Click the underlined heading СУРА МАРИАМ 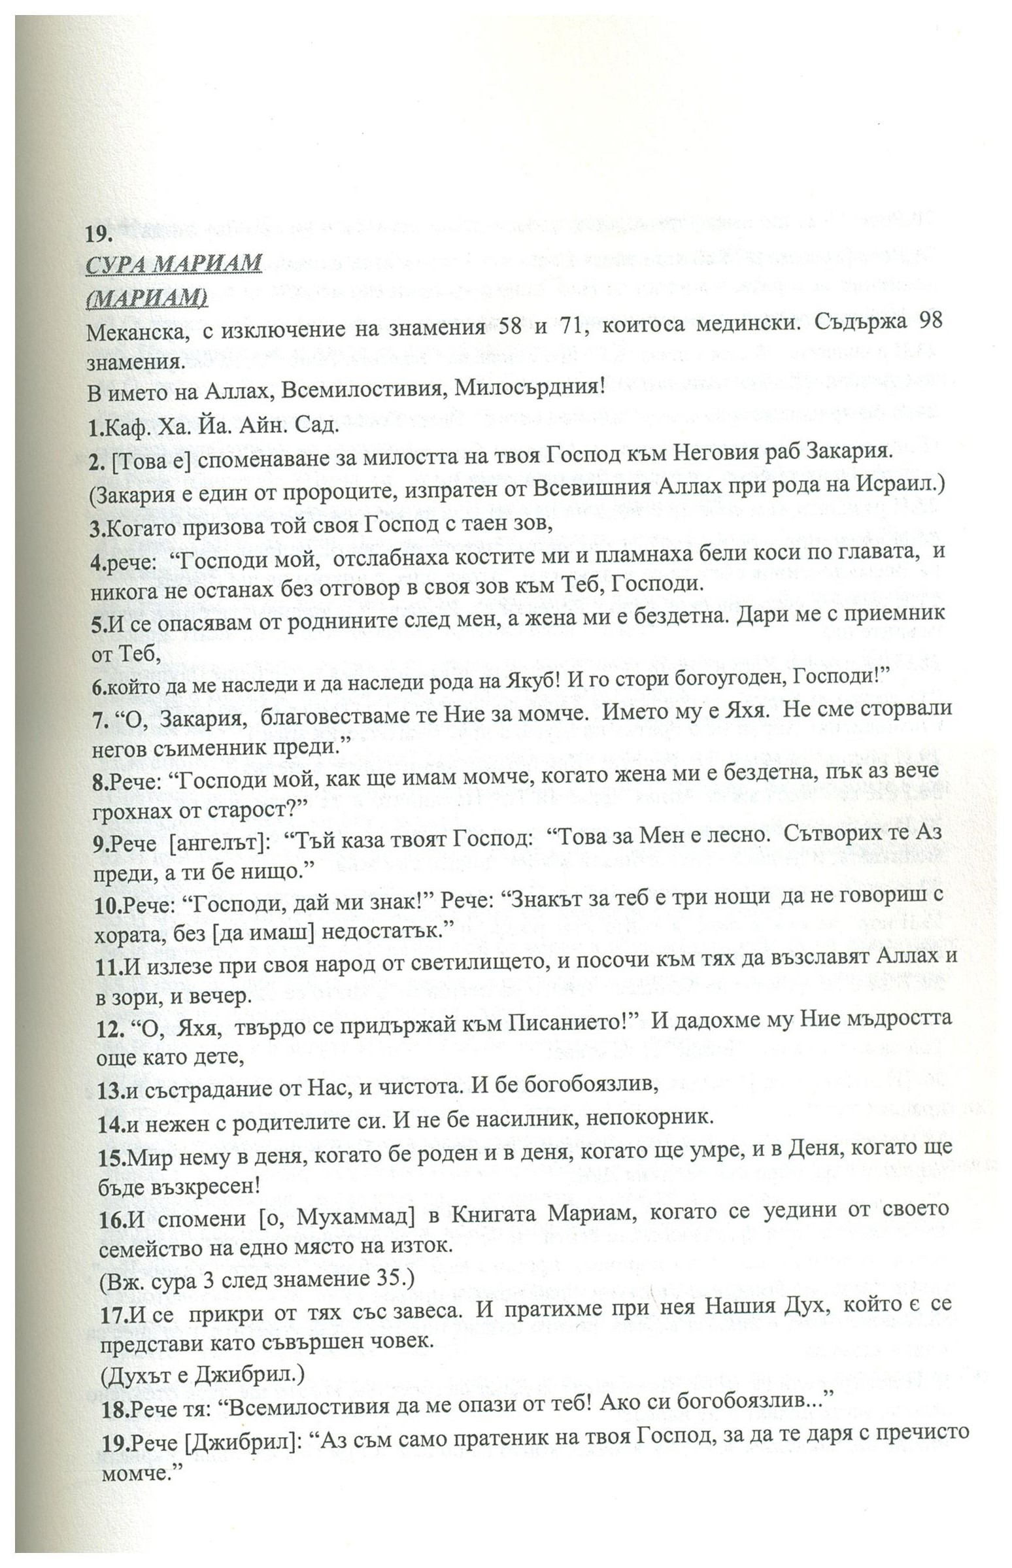pyautogui.click(x=173, y=264)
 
